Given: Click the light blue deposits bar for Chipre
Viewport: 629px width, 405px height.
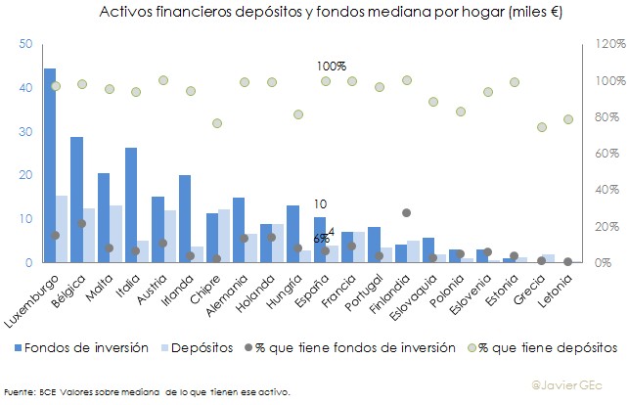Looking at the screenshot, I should point(224,236).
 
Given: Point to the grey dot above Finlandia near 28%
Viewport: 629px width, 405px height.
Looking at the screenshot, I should point(407,212).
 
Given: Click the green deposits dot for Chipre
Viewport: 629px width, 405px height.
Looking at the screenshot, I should point(218,123).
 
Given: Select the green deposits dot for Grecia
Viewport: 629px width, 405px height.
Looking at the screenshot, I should point(541,127).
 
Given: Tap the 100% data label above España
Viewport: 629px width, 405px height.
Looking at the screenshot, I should point(331,66).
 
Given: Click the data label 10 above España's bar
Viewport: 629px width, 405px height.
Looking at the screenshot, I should point(320,203).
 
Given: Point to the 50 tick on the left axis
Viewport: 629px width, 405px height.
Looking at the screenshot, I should point(25,44).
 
